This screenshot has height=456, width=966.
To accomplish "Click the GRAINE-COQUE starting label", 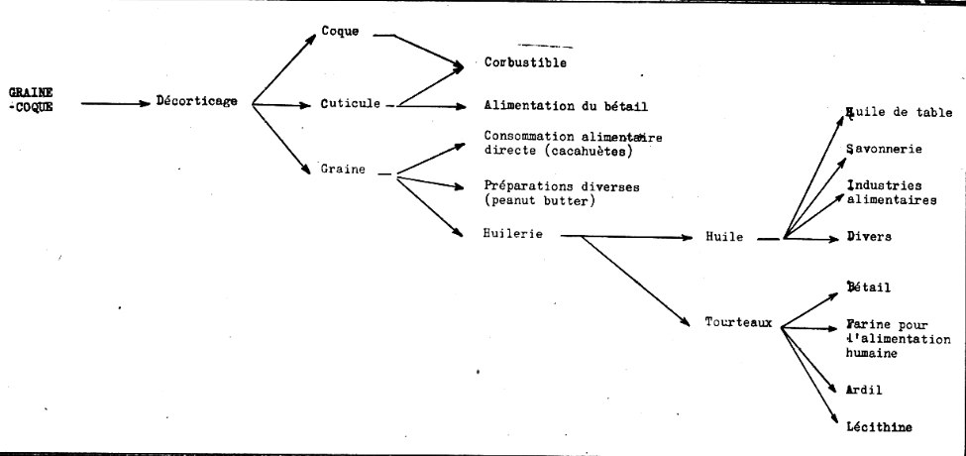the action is coord(31,99).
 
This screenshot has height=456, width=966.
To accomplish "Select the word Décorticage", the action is coord(196,102).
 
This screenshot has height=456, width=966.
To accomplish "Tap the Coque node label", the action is coord(340,31).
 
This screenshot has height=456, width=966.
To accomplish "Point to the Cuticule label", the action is coord(350,103).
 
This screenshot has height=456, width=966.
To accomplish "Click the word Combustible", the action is coord(525,62).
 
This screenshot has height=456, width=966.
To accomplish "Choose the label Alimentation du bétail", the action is coord(566,106).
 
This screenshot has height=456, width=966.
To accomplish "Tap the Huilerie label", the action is coord(513,234).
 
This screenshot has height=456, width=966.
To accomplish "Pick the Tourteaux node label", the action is coord(739,322).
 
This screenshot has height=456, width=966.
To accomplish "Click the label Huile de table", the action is coord(900,113).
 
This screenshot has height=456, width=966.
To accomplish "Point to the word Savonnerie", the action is coord(884,149).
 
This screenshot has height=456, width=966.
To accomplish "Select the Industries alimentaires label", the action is coord(892,192).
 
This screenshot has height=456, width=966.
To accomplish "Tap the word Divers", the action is coord(869,237).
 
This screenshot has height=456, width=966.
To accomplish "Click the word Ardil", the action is coord(864,390).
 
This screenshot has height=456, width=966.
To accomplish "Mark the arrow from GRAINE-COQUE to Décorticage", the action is coord(116,103).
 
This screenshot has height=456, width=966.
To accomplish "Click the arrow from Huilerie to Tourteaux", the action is coord(636,281).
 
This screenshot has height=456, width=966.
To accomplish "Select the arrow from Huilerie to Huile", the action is coord(627,237).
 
